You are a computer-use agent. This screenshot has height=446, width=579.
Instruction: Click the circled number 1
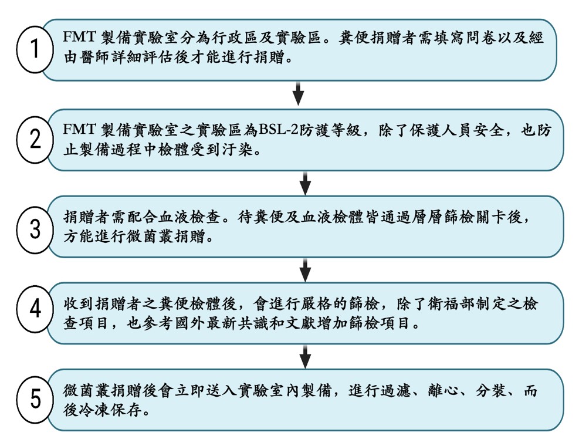click(x=35, y=49)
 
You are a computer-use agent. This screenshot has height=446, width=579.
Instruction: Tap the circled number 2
click(x=35, y=140)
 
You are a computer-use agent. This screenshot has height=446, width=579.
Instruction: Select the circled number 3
click(x=35, y=229)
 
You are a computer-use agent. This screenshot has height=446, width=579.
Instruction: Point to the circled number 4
click(x=35, y=309)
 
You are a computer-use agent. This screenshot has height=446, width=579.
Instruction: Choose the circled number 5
click(x=35, y=400)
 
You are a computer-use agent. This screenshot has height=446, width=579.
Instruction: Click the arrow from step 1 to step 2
click(x=298, y=93)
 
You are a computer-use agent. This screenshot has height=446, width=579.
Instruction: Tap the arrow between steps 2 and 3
click(x=305, y=183)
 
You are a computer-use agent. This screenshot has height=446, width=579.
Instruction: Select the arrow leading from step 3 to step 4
click(x=305, y=270)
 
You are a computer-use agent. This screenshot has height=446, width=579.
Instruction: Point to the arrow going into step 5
click(x=305, y=357)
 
